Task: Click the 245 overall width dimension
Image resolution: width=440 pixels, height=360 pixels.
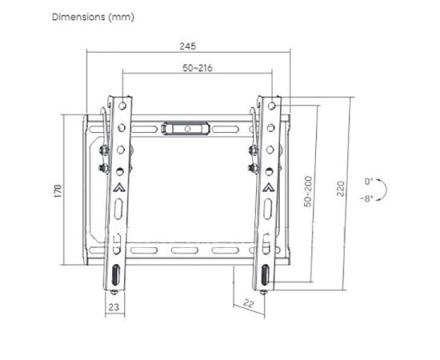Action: (x=188, y=46)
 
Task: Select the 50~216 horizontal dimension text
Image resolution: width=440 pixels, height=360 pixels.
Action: (x=198, y=68)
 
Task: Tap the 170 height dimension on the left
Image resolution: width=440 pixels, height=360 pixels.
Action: (x=58, y=191)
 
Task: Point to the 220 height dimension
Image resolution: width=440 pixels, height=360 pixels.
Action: (x=340, y=189)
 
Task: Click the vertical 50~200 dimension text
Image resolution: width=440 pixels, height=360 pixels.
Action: (x=308, y=191)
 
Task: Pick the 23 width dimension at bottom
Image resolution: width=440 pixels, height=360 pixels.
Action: (x=114, y=307)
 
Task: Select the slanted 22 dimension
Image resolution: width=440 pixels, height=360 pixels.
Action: (x=248, y=303)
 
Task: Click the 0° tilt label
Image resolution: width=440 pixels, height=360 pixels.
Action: (x=369, y=182)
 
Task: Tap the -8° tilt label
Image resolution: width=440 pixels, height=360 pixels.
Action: (x=366, y=199)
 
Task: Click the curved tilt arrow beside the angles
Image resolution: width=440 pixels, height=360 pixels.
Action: (x=386, y=190)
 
